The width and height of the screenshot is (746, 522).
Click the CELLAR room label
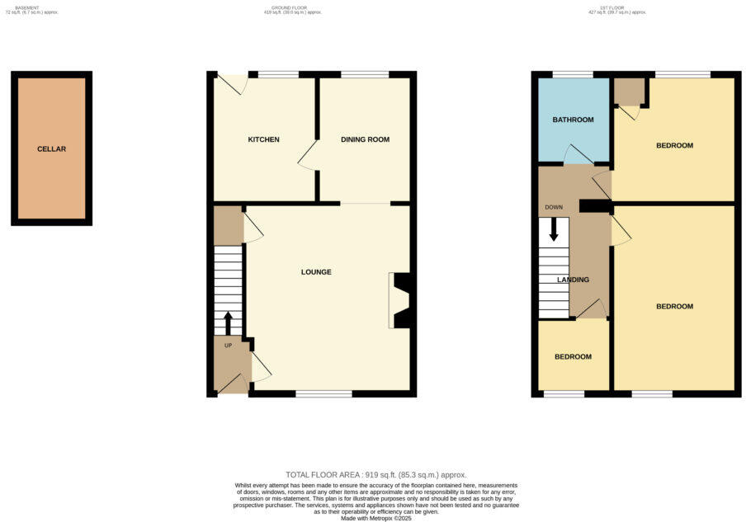click(51, 149)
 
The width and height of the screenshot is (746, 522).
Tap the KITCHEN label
click(263, 139)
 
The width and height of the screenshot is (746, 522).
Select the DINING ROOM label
click(365, 139)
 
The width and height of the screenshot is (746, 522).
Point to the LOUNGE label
click(316, 272)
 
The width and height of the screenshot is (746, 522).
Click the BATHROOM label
click(573, 120)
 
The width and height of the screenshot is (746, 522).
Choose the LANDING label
click(573, 280)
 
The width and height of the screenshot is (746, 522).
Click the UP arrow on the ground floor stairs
click(229, 322)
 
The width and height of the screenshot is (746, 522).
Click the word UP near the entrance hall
click(229, 346)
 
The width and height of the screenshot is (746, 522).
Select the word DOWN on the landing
click(553, 207)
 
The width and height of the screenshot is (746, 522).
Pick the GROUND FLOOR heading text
click(293, 7)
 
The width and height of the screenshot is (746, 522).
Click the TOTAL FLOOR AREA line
click(375, 475)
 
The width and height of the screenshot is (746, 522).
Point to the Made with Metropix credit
click(375, 518)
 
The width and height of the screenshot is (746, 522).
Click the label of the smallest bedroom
click(573, 357)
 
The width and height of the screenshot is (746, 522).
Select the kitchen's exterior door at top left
click(232, 83)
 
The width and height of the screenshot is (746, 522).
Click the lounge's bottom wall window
click(323, 394)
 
